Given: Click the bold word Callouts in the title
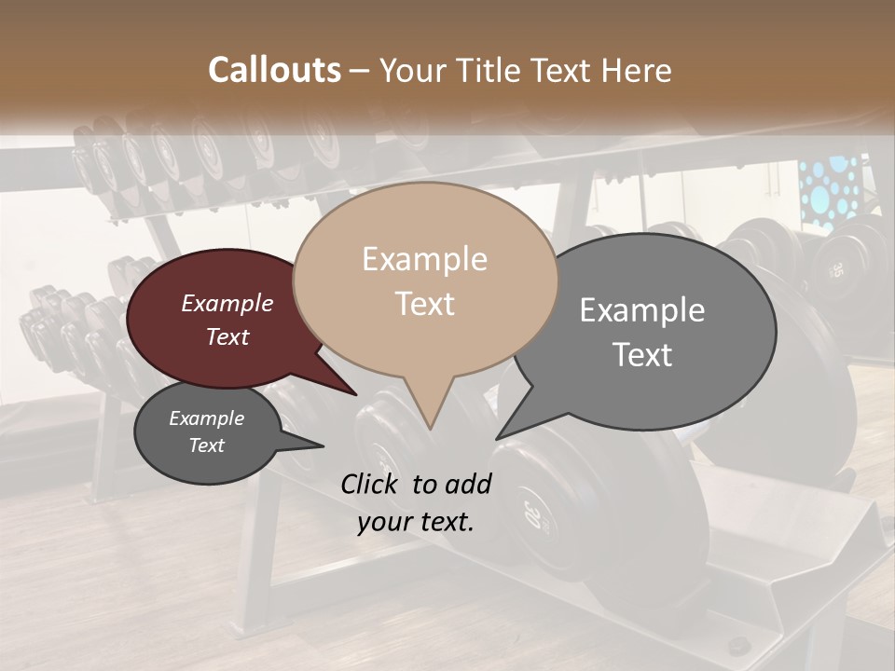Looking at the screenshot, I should coord(274,70).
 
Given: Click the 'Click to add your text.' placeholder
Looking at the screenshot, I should coord(416,502).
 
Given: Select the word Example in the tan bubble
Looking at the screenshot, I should coord(424,259).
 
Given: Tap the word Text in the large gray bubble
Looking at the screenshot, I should coord(642,355).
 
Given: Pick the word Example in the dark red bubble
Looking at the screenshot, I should coord(227,304).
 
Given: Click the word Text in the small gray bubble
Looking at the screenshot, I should coord(206,445).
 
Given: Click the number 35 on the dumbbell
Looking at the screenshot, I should coord(836,270).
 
